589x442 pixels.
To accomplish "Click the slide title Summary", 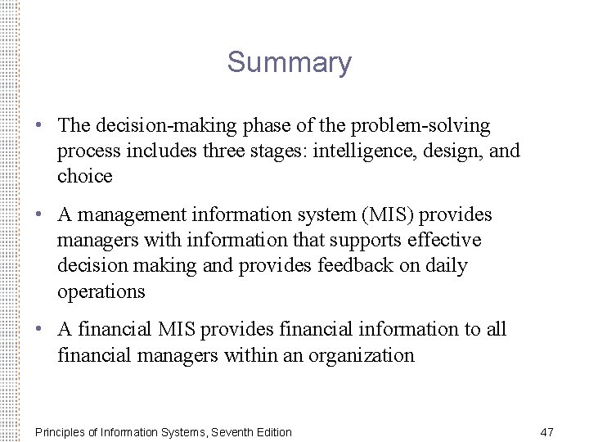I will point(290,62).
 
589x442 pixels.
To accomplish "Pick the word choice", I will point(84,176).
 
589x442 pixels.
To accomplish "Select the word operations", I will point(101,291).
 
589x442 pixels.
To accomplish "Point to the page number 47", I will point(547,431).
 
